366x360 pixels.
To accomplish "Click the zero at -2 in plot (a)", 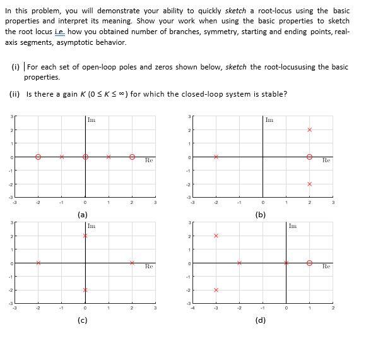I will [x=38, y=157].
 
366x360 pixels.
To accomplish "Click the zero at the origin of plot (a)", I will [x=85, y=157].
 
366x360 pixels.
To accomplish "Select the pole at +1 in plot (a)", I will [x=109, y=157].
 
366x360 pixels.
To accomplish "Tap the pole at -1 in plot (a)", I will [x=61, y=157].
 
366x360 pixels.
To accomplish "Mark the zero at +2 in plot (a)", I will [x=132, y=157].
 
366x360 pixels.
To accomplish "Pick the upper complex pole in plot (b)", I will [x=309, y=129].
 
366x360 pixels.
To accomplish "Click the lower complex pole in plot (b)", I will [x=309, y=184].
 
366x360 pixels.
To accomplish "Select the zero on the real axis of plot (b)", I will [x=309, y=157].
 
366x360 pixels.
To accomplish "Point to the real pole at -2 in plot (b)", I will [x=216, y=157].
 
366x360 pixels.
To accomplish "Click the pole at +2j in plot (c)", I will [x=85, y=236].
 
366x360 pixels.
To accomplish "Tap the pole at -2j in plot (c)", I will [x=85, y=290].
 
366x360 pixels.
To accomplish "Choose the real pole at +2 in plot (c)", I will [x=132, y=263].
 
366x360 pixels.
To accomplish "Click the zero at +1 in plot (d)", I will [x=309, y=263].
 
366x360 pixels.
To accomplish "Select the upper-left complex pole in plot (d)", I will [x=216, y=236].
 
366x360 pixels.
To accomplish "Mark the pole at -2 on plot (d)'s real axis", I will [x=239, y=263].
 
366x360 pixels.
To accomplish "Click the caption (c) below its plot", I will [x=82, y=320].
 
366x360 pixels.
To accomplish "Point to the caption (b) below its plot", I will [x=260, y=215].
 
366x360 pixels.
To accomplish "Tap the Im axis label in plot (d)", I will [x=292, y=226].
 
